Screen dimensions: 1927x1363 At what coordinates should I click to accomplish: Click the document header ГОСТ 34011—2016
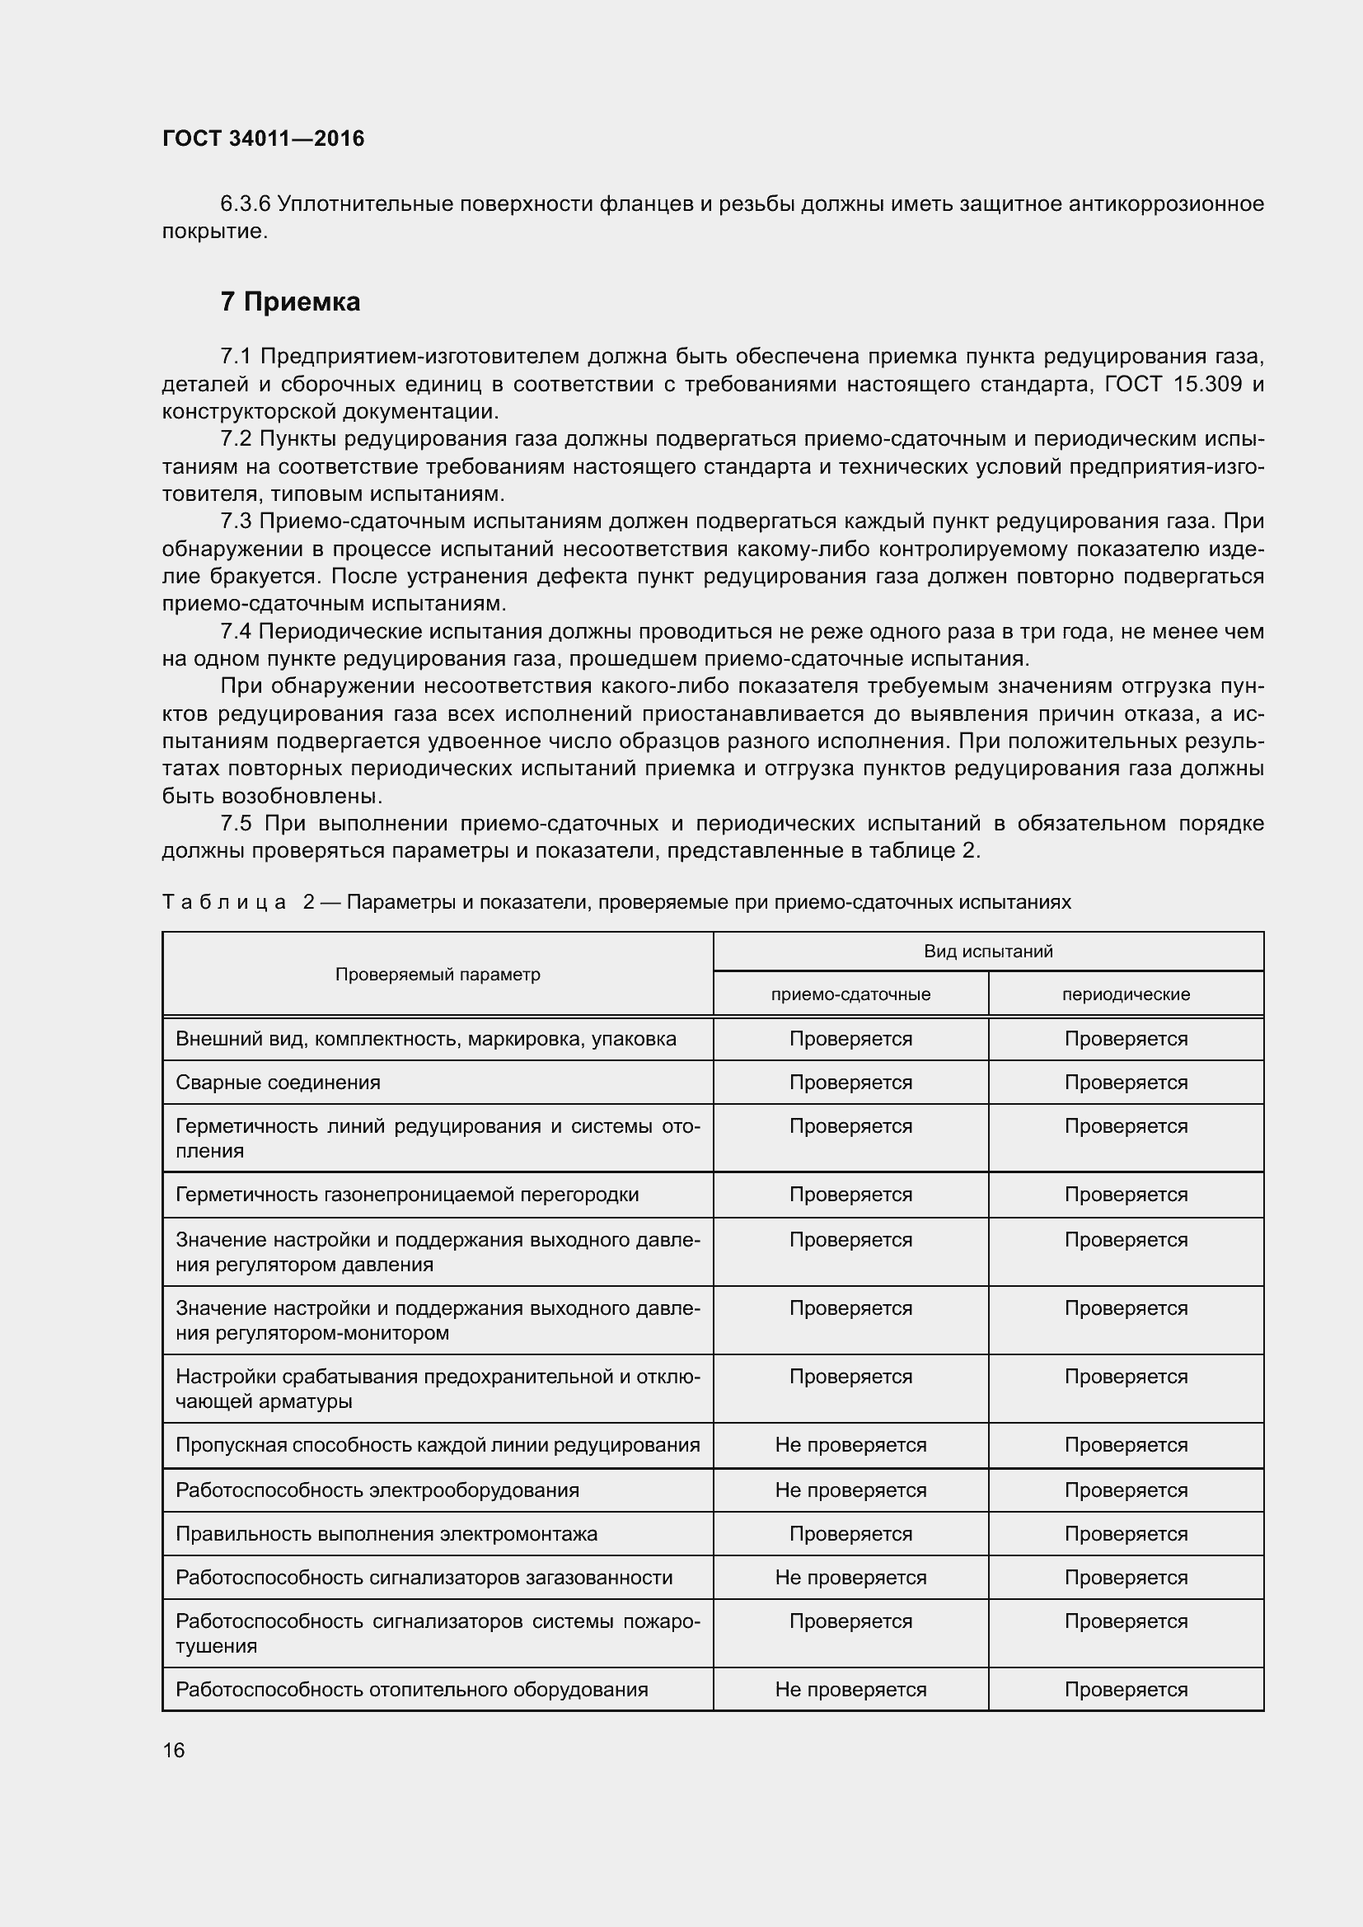pyautogui.click(x=263, y=138)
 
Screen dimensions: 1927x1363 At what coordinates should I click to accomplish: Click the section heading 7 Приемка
pyautogui.click(x=290, y=302)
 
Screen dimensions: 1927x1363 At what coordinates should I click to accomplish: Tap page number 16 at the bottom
pyautogui.click(x=174, y=1750)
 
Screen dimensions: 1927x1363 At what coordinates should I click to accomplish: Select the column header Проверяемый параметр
pyautogui.click(x=438, y=975)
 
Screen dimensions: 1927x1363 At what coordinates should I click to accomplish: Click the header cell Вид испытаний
pyautogui.click(x=988, y=951)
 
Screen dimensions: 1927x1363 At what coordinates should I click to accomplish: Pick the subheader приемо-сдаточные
pyautogui.click(x=850, y=994)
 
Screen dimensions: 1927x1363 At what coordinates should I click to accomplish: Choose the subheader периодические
pyautogui.click(x=1126, y=994)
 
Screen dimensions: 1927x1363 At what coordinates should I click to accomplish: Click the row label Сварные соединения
pyautogui.click(x=278, y=1083)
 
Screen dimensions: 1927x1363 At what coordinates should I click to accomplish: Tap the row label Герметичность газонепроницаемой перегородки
pyautogui.click(x=407, y=1195)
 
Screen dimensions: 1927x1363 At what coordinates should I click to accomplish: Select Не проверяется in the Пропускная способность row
pyautogui.click(x=850, y=1445)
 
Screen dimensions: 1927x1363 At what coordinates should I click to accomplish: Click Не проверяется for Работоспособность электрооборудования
pyautogui.click(x=850, y=1490)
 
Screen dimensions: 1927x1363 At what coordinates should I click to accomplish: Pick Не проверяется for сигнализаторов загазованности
pyautogui.click(x=850, y=1578)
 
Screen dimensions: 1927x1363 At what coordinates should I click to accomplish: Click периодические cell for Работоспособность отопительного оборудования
pyautogui.click(x=1126, y=1691)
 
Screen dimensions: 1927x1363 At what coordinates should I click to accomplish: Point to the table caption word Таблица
pyautogui.click(x=224, y=902)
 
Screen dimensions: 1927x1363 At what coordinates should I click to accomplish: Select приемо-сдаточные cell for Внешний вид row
pyautogui.click(x=850, y=1039)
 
